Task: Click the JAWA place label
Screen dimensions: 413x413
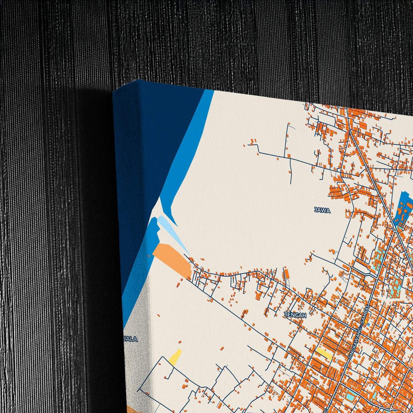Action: tap(322, 211)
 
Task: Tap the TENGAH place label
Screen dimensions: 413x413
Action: tap(295, 315)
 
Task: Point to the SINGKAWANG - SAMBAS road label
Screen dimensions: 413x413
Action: tap(360, 332)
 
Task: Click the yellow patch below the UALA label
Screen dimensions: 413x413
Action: tap(175, 357)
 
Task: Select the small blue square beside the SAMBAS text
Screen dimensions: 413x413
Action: tap(368, 325)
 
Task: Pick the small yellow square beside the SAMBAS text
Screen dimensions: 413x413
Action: tap(366, 322)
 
